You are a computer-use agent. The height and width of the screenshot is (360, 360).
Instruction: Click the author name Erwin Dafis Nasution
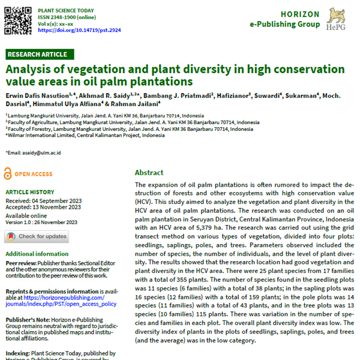coord(37,95)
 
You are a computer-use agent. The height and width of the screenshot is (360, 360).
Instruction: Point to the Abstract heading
coord(149,172)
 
